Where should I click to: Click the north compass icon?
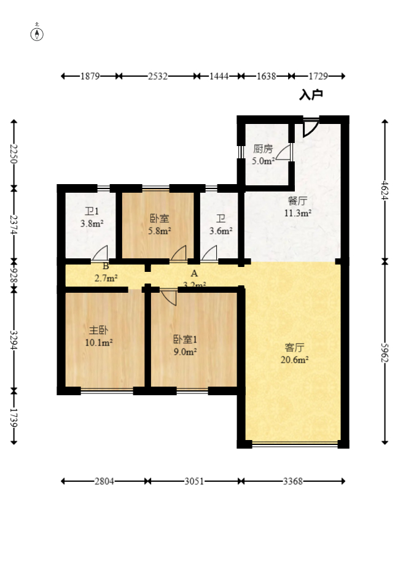[x=37, y=33]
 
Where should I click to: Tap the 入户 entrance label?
[x=311, y=95]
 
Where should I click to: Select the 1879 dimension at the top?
[x=90, y=76]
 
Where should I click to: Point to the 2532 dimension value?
[x=158, y=76]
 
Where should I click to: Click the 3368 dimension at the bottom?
[x=292, y=481]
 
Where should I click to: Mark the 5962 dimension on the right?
[x=385, y=353]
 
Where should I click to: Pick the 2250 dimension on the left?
[x=14, y=154]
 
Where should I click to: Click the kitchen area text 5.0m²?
[x=263, y=161]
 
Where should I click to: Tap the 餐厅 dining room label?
[x=298, y=201]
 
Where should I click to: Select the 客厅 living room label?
[x=294, y=347]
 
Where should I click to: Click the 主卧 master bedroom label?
[x=98, y=330]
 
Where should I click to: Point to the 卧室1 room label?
[x=185, y=339]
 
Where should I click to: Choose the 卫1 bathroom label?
[x=92, y=212]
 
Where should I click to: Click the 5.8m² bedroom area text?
[x=160, y=231]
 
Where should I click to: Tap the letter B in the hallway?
[x=106, y=266]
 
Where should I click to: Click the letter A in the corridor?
[x=194, y=273]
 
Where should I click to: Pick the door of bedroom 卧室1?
[x=169, y=297]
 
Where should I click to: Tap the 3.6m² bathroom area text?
[x=221, y=231]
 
